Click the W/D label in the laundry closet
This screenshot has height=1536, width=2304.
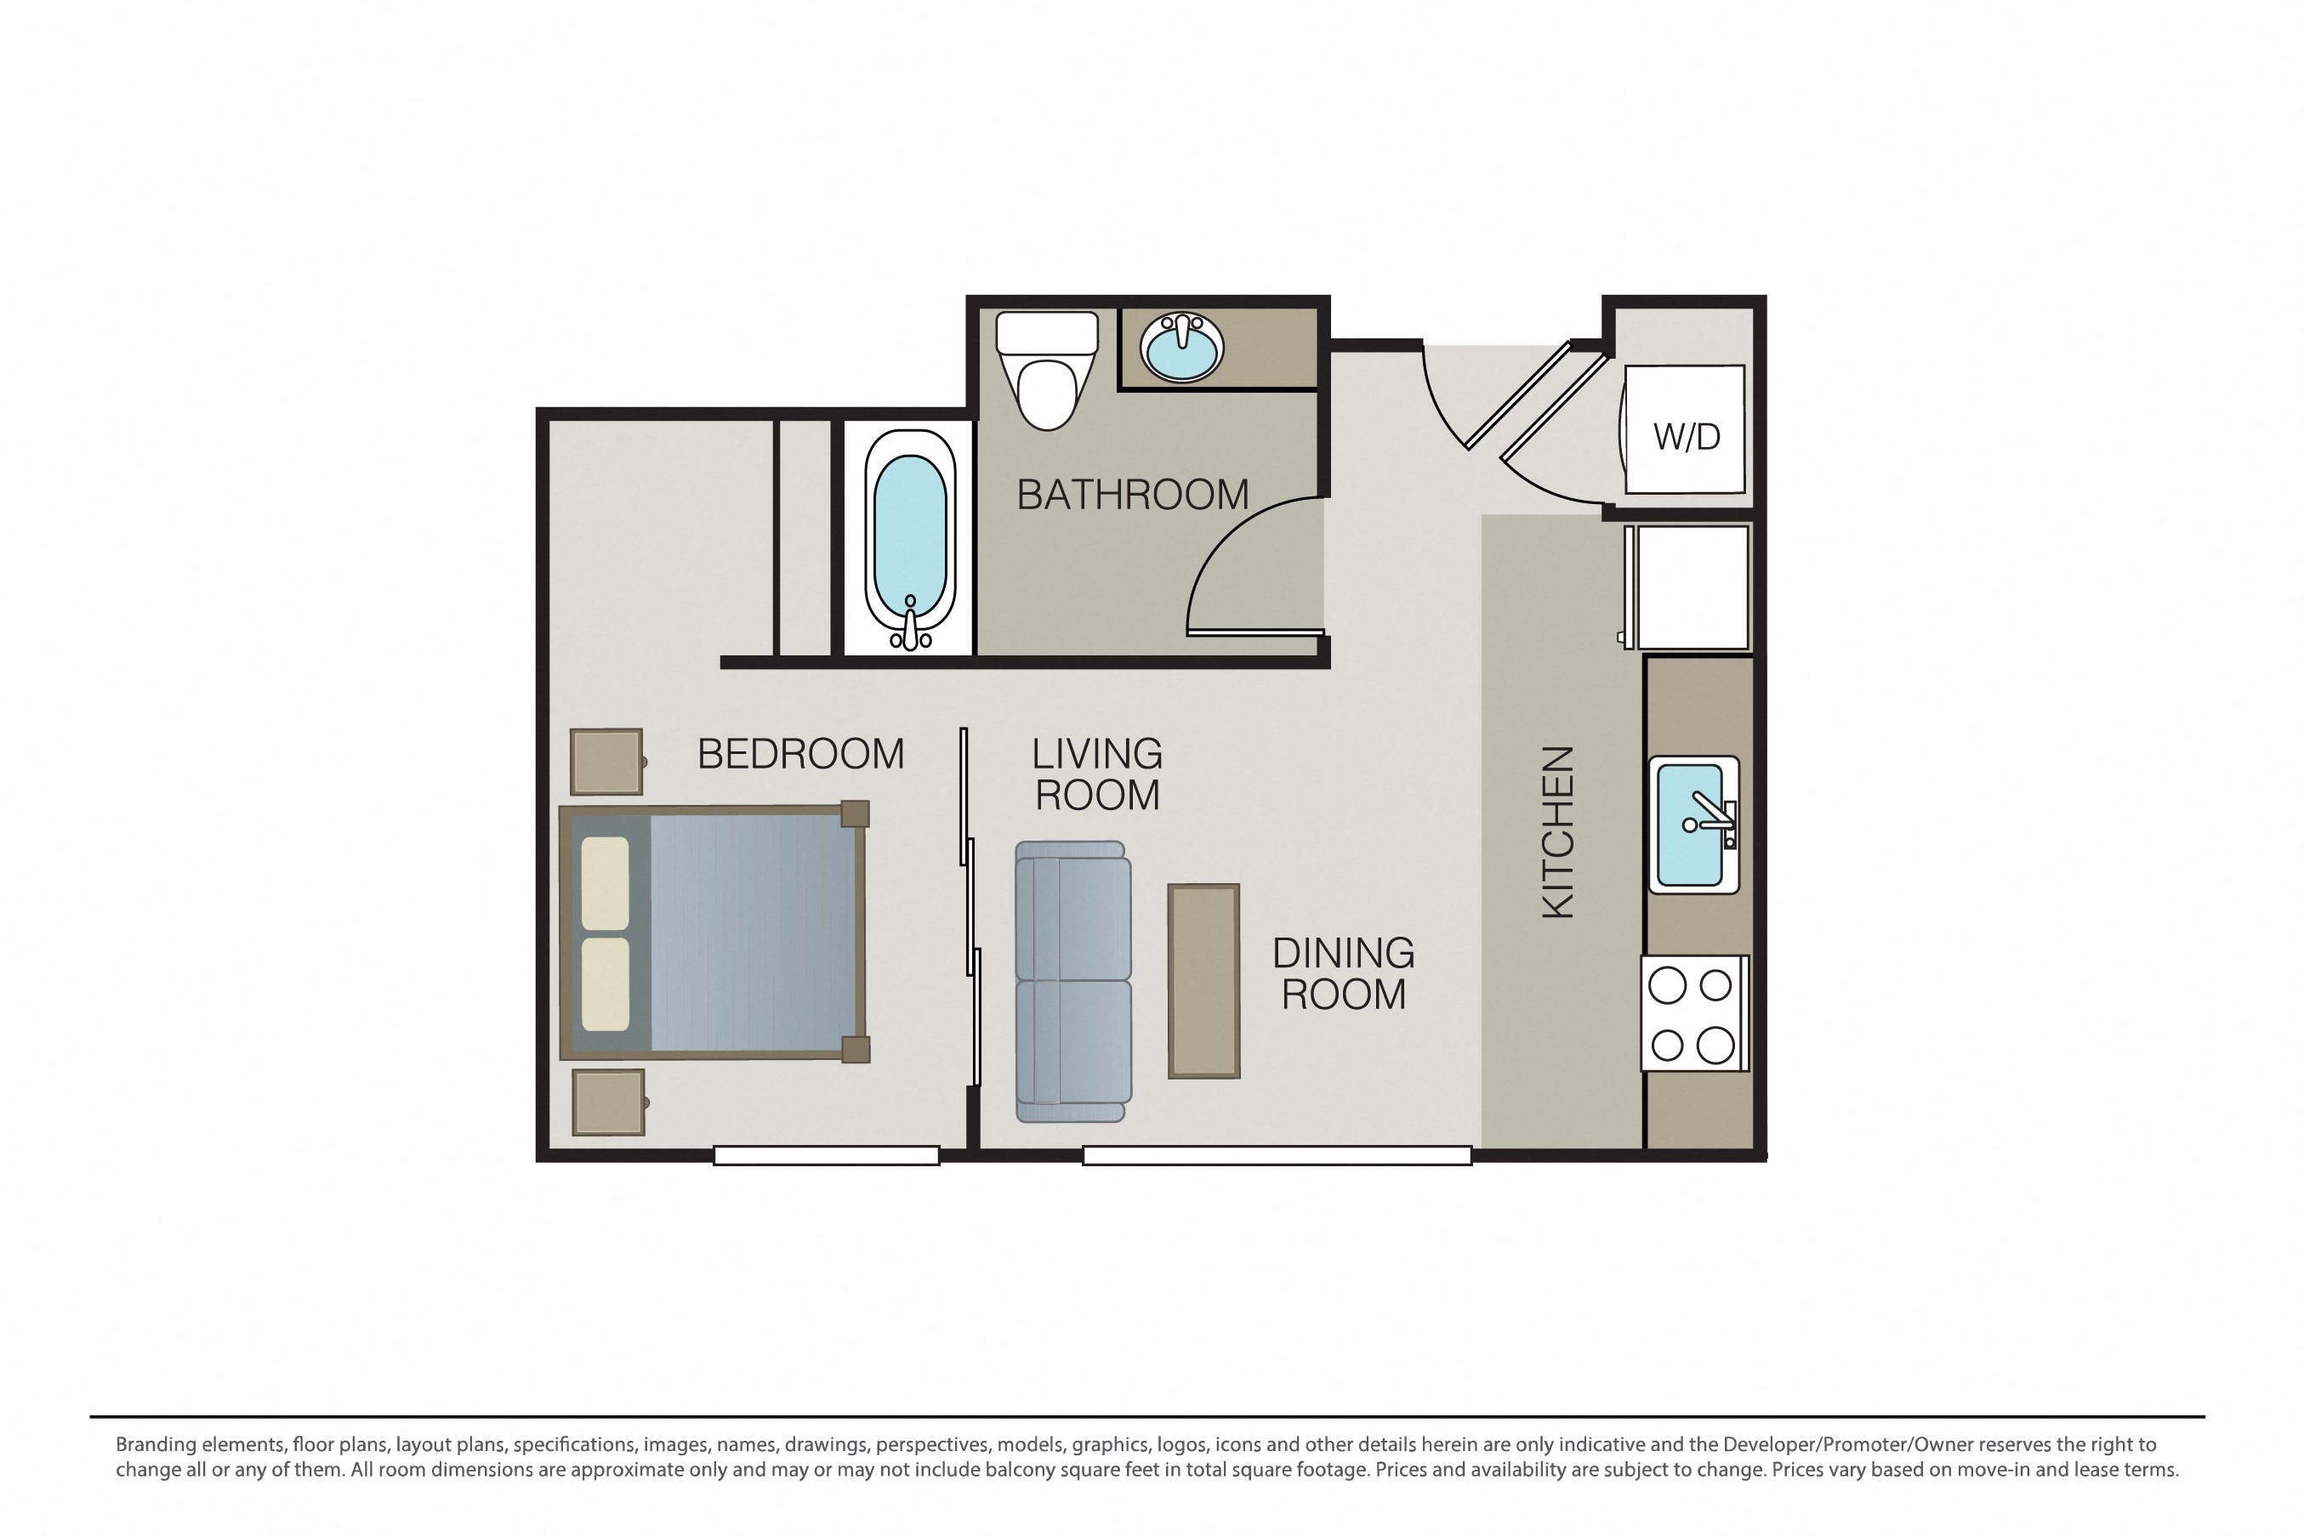coord(1687,437)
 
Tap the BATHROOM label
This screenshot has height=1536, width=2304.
coord(1133,495)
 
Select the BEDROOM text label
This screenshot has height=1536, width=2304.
coord(800,754)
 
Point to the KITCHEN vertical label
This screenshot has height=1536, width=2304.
coord(1558,833)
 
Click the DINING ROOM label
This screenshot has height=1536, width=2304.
coord(1344,974)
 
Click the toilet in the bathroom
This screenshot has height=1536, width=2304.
coord(1047,371)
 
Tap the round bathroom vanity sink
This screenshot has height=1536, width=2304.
coord(1182,348)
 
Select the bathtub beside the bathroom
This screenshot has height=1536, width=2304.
coord(909,540)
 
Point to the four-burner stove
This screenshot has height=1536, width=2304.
coord(1694,1013)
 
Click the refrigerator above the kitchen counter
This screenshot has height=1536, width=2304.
coord(1687,587)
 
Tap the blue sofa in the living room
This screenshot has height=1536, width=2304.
coord(1073,982)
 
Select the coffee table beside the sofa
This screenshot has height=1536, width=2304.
coord(1203,982)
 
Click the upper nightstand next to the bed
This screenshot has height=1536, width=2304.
coord(606,761)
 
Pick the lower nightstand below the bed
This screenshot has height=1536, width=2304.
coord(609,1102)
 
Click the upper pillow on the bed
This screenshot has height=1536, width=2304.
coord(606,882)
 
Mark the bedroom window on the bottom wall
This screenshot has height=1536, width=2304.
coord(826,1156)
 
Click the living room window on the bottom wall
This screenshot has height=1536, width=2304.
coord(1277,1156)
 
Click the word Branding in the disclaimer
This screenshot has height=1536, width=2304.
coord(156,1445)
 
